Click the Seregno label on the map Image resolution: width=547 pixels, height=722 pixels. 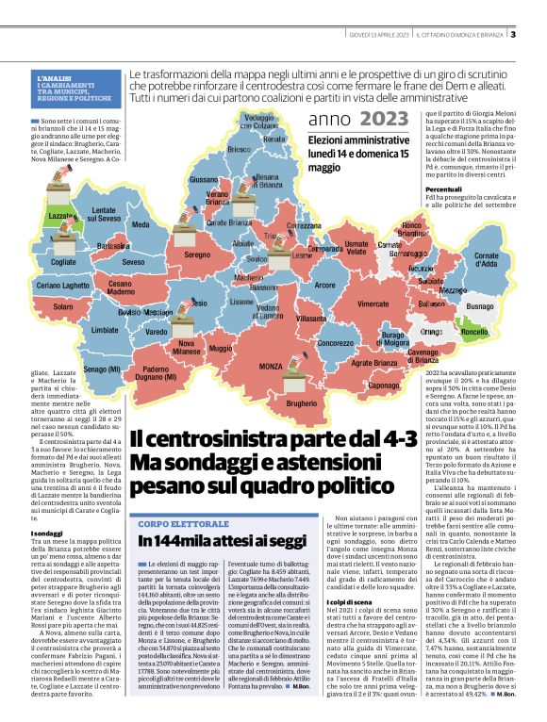click(x=197, y=255)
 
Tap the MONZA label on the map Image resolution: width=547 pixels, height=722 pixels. click(x=272, y=365)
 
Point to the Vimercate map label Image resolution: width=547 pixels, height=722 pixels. click(x=373, y=304)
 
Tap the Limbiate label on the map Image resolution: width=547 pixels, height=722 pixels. click(x=105, y=331)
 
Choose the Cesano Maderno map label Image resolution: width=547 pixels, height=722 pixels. click(x=121, y=287)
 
